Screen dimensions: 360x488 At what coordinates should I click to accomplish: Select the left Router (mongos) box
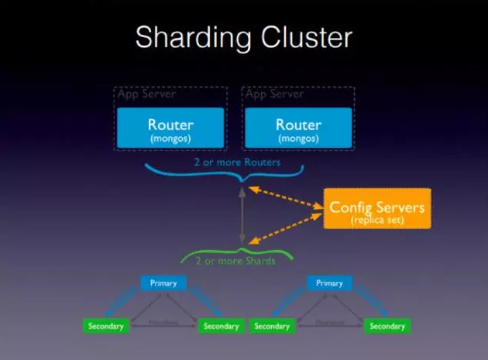170,128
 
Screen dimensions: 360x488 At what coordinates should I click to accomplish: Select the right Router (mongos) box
298,128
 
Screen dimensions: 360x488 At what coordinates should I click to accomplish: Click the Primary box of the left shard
164,283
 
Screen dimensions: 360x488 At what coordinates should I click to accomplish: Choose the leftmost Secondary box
106,326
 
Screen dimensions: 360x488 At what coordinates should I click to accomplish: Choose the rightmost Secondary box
387,326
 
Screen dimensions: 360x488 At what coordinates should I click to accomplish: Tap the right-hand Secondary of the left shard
222,326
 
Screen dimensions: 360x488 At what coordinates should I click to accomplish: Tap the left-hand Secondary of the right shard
272,326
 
